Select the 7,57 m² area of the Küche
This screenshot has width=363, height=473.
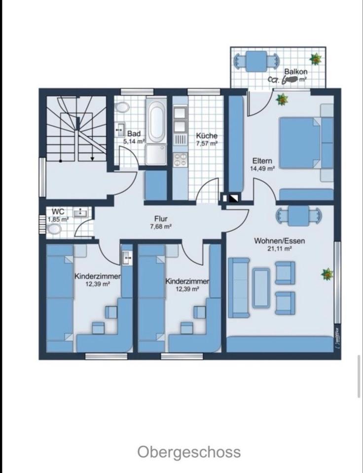(x=207, y=144)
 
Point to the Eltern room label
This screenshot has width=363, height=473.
(x=262, y=161)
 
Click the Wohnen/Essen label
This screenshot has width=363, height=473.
(x=279, y=241)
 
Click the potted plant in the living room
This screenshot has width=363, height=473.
(x=327, y=273)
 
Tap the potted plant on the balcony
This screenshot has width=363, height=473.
(x=315, y=59)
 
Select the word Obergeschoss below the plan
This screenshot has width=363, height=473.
(x=189, y=452)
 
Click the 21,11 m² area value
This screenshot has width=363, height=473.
(x=279, y=249)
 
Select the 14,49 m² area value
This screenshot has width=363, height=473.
(x=262, y=169)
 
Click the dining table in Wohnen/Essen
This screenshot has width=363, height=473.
(x=298, y=215)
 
